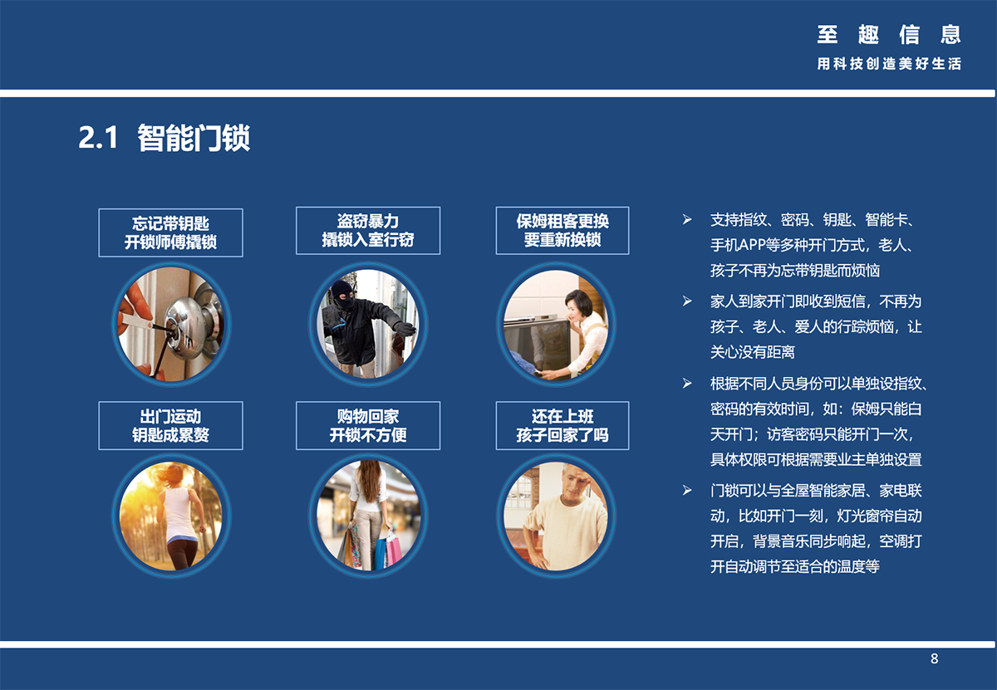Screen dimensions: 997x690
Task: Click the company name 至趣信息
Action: [889, 34]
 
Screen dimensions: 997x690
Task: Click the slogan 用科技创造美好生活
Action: [889, 64]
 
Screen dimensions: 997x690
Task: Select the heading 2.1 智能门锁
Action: [165, 138]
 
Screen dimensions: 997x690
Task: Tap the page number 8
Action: [934, 658]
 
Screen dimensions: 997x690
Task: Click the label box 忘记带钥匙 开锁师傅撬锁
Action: [170, 232]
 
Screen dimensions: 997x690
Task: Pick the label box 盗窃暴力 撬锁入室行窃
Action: [368, 231]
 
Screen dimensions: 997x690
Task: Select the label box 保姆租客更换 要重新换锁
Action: [562, 231]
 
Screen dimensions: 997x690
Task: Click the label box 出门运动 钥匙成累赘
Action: [170, 426]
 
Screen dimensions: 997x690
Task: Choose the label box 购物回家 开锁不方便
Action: [368, 426]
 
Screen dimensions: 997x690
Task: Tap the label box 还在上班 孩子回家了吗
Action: [562, 426]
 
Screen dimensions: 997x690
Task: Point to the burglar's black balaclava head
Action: [342, 295]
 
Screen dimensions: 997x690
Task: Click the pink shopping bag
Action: [393, 551]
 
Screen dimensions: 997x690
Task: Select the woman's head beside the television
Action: [578, 306]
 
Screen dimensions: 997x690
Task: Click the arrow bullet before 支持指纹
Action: [687, 220]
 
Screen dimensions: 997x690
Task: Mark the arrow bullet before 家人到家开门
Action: [687, 301]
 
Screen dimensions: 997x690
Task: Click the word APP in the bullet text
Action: [752, 245]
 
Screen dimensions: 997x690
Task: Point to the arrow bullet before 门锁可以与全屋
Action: [687, 491]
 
